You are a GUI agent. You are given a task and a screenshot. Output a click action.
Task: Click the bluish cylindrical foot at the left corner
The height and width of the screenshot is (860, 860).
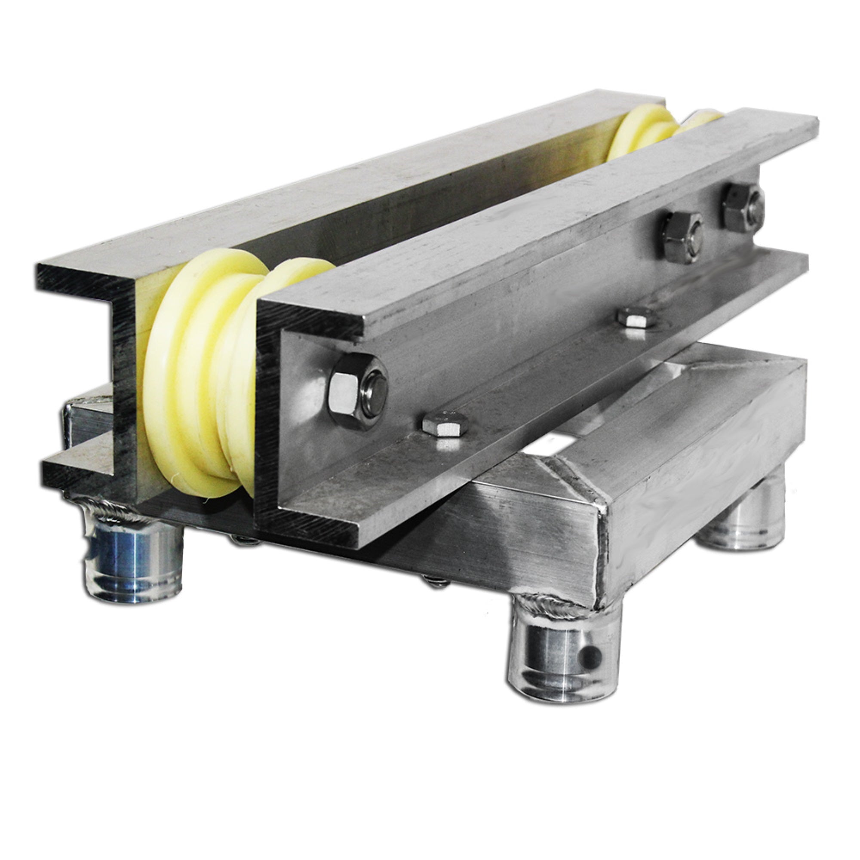coord(134,556)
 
